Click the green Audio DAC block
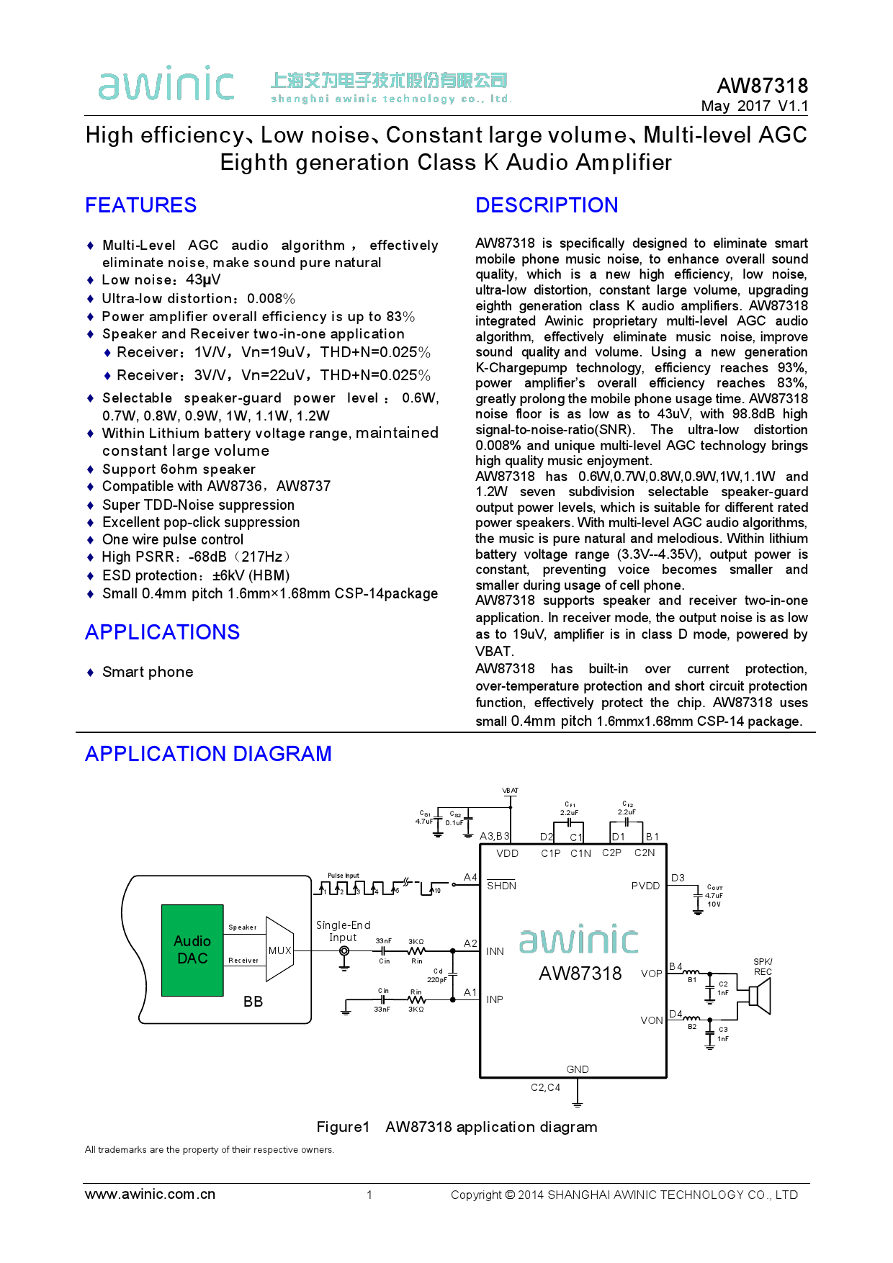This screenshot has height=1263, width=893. (192, 950)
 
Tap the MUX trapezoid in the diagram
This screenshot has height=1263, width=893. (279, 950)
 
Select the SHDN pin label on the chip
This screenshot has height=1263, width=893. (501, 886)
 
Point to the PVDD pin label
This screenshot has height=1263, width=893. (645, 886)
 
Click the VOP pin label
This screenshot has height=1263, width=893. (651, 974)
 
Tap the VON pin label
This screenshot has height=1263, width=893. (651, 1020)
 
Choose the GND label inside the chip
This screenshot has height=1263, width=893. (578, 1069)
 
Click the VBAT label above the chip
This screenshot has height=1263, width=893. (510, 791)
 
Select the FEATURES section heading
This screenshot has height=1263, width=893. (140, 205)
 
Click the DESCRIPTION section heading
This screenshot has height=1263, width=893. (547, 205)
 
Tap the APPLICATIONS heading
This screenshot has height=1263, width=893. (162, 632)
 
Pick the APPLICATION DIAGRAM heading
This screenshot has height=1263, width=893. (208, 754)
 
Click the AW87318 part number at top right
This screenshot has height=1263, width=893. (762, 86)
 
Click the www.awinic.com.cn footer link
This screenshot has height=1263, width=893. (150, 1195)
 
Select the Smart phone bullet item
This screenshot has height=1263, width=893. (148, 672)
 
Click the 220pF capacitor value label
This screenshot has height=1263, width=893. (436, 979)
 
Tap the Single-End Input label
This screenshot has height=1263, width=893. (343, 931)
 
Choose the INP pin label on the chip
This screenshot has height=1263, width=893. (495, 999)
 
